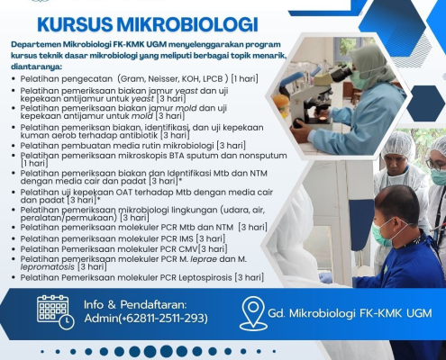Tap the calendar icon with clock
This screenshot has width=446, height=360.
point(56,312)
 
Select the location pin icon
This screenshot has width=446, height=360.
point(253,313)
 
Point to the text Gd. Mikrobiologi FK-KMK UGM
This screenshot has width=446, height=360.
point(350,313)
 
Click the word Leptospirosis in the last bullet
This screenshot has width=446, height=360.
point(205,277)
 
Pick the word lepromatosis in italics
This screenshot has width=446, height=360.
point(47,266)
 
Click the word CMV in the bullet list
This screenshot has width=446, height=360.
point(188,249)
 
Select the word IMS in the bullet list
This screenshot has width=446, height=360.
point(187,238)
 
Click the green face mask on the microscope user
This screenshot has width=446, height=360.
point(358,78)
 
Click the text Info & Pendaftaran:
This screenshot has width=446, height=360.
point(135,304)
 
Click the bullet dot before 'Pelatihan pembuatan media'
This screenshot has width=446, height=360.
point(14,146)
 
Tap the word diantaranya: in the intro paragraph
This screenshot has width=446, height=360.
point(36,67)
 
